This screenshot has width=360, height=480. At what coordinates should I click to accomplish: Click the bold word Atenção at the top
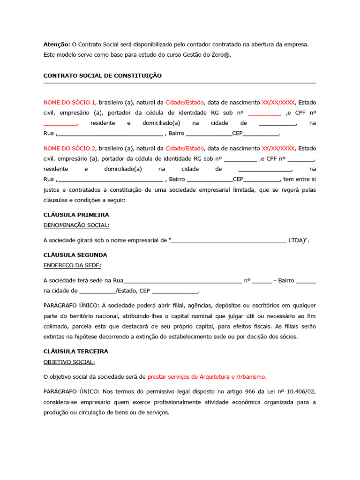click(57, 45)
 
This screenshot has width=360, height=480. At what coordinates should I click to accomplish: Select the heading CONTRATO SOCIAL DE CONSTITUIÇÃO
click(102, 75)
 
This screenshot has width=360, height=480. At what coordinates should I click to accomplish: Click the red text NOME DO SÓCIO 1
click(69, 102)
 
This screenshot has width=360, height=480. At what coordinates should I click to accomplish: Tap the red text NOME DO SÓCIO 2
click(69, 148)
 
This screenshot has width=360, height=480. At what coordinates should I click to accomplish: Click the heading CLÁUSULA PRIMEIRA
click(76, 215)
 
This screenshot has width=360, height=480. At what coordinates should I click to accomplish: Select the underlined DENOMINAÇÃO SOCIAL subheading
click(76, 225)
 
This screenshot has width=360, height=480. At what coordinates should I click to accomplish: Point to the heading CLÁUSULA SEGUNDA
click(75, 255)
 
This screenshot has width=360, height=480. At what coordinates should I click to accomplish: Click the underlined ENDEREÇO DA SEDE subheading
click(72, 265)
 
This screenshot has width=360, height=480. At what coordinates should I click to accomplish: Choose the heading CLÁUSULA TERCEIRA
click(75, 352)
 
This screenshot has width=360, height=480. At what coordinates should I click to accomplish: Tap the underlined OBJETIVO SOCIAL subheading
click(69, 362)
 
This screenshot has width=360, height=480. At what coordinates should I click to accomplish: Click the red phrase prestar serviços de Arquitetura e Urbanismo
click(207, 376)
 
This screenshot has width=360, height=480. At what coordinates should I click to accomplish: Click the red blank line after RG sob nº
click(264, 113)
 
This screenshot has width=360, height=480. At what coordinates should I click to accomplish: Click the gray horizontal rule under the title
click(180, 83)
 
